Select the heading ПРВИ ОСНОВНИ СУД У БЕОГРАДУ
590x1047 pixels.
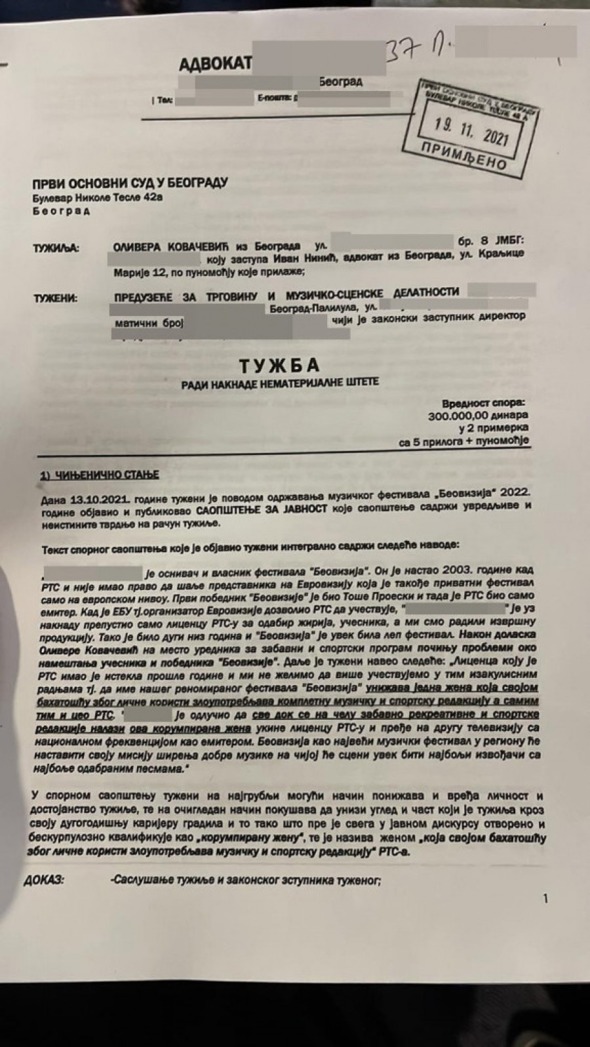pyautogui.click(x=130, y=182)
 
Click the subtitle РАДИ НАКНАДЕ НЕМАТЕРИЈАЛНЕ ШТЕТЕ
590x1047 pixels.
pyautogui.click(x=281, y=382)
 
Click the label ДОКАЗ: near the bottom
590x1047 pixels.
pyautogui.click(x=45, y=880)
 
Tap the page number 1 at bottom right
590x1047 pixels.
pyautogui.click(x=545, y=899)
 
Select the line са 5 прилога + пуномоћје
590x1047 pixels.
pyautogui.click(x=463, y=442)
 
